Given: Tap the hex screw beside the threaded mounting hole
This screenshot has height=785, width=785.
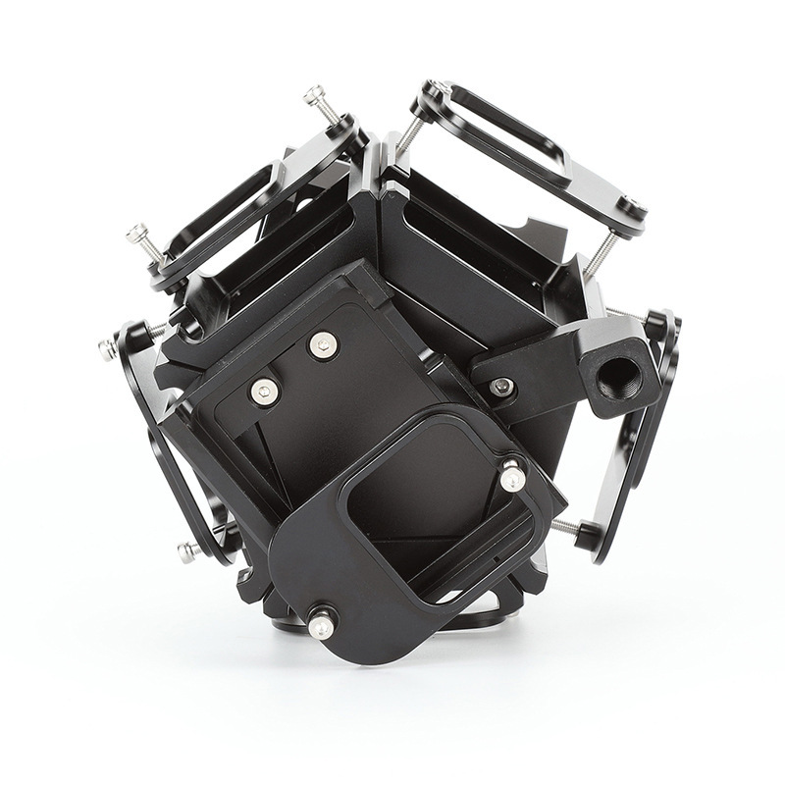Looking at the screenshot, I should click(x=502, y=386).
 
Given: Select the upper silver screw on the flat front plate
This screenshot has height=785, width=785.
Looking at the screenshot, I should click(x=322, y=344).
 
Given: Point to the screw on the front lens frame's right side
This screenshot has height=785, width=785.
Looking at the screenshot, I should click(x=512, y=478).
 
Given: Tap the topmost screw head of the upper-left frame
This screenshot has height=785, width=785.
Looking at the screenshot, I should click(x=314, y=96).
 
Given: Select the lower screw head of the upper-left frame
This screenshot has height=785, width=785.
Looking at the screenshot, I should click(x=138, y=234).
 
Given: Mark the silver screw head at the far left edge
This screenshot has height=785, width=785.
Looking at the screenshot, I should click(x=106, y=348).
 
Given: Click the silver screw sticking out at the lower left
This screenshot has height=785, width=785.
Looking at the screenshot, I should click(x=186, y=550).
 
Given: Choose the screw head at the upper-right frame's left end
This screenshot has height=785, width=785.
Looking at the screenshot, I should click(x=438, y=89).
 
